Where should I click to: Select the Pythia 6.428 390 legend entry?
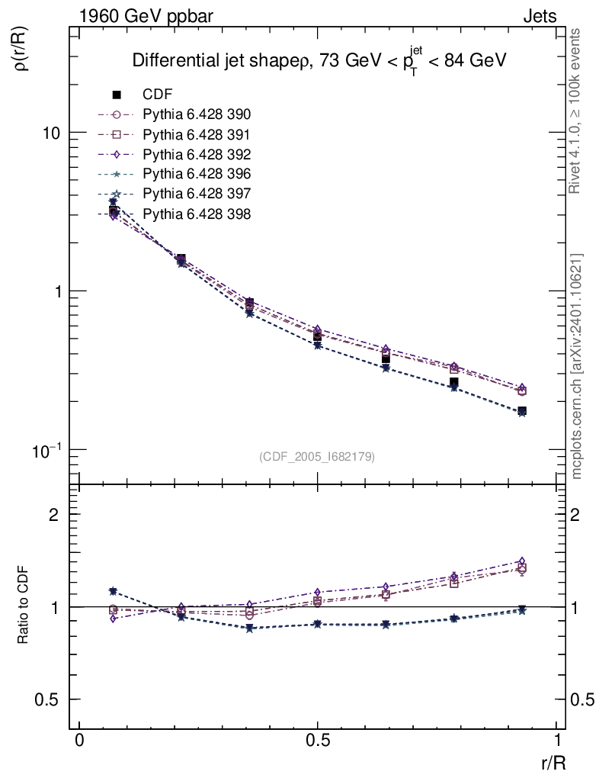[x=197, y=114]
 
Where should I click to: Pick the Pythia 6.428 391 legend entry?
[x=197, y=134]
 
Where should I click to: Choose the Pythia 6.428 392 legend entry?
[x=197, y=154]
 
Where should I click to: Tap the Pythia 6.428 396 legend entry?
[x=197, y=174]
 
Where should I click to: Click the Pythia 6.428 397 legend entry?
[x=197, y=194]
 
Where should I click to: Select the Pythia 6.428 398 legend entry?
[x=197, y=214]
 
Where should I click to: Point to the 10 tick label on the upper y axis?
[x=52, y=133]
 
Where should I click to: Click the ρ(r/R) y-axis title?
[x=23, y=50]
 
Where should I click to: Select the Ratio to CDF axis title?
[x=24, y=606]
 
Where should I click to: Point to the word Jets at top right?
[x=539, y=16]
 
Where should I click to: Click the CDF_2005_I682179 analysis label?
[x=317, y=456]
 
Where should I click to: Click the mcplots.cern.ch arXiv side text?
[x=577, y=366]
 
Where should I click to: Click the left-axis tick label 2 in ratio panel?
[x=53, y=515]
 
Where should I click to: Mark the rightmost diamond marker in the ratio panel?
[x=521, y=561]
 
